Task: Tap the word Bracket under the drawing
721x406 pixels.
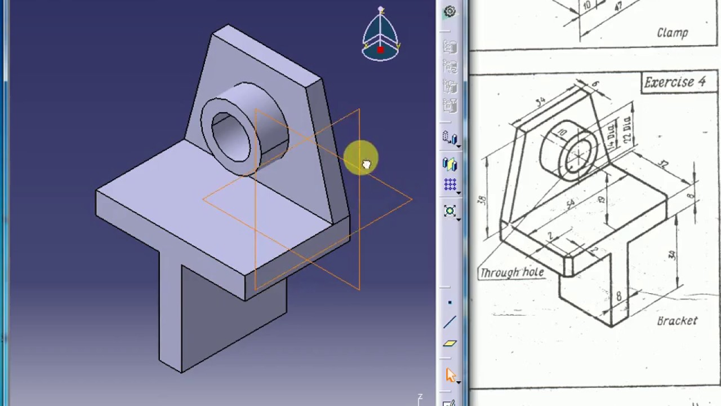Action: (677, 321)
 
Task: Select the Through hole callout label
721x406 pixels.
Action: (511, 273)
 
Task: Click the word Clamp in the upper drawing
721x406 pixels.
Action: (673, 33)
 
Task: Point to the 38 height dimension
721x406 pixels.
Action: (483, 200)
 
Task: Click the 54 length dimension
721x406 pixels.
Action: (571, 204)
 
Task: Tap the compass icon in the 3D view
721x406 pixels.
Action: (381, 35)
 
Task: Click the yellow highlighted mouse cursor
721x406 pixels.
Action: (364, 161)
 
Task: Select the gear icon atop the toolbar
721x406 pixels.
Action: (449, 11)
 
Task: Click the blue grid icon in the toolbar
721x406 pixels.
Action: (449, 185)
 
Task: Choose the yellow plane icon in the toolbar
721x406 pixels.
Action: (449, 343)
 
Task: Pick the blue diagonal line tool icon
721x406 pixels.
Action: (449, 323)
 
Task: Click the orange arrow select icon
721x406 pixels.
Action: (450, 375)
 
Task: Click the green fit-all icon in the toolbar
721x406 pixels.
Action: (449, 211)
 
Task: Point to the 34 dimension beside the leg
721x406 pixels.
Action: (672, 255)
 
